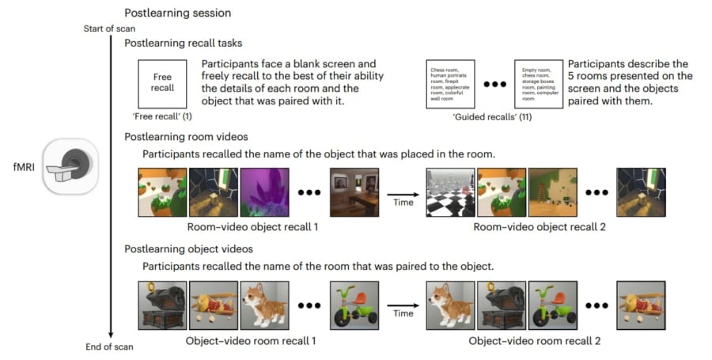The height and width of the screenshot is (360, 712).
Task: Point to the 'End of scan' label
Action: [111, 347]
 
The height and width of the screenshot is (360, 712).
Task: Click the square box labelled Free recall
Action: [163, 83]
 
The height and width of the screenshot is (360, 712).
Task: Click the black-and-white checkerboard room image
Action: [451, 191]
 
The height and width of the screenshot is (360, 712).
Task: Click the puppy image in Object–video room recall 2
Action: [451, 305]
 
